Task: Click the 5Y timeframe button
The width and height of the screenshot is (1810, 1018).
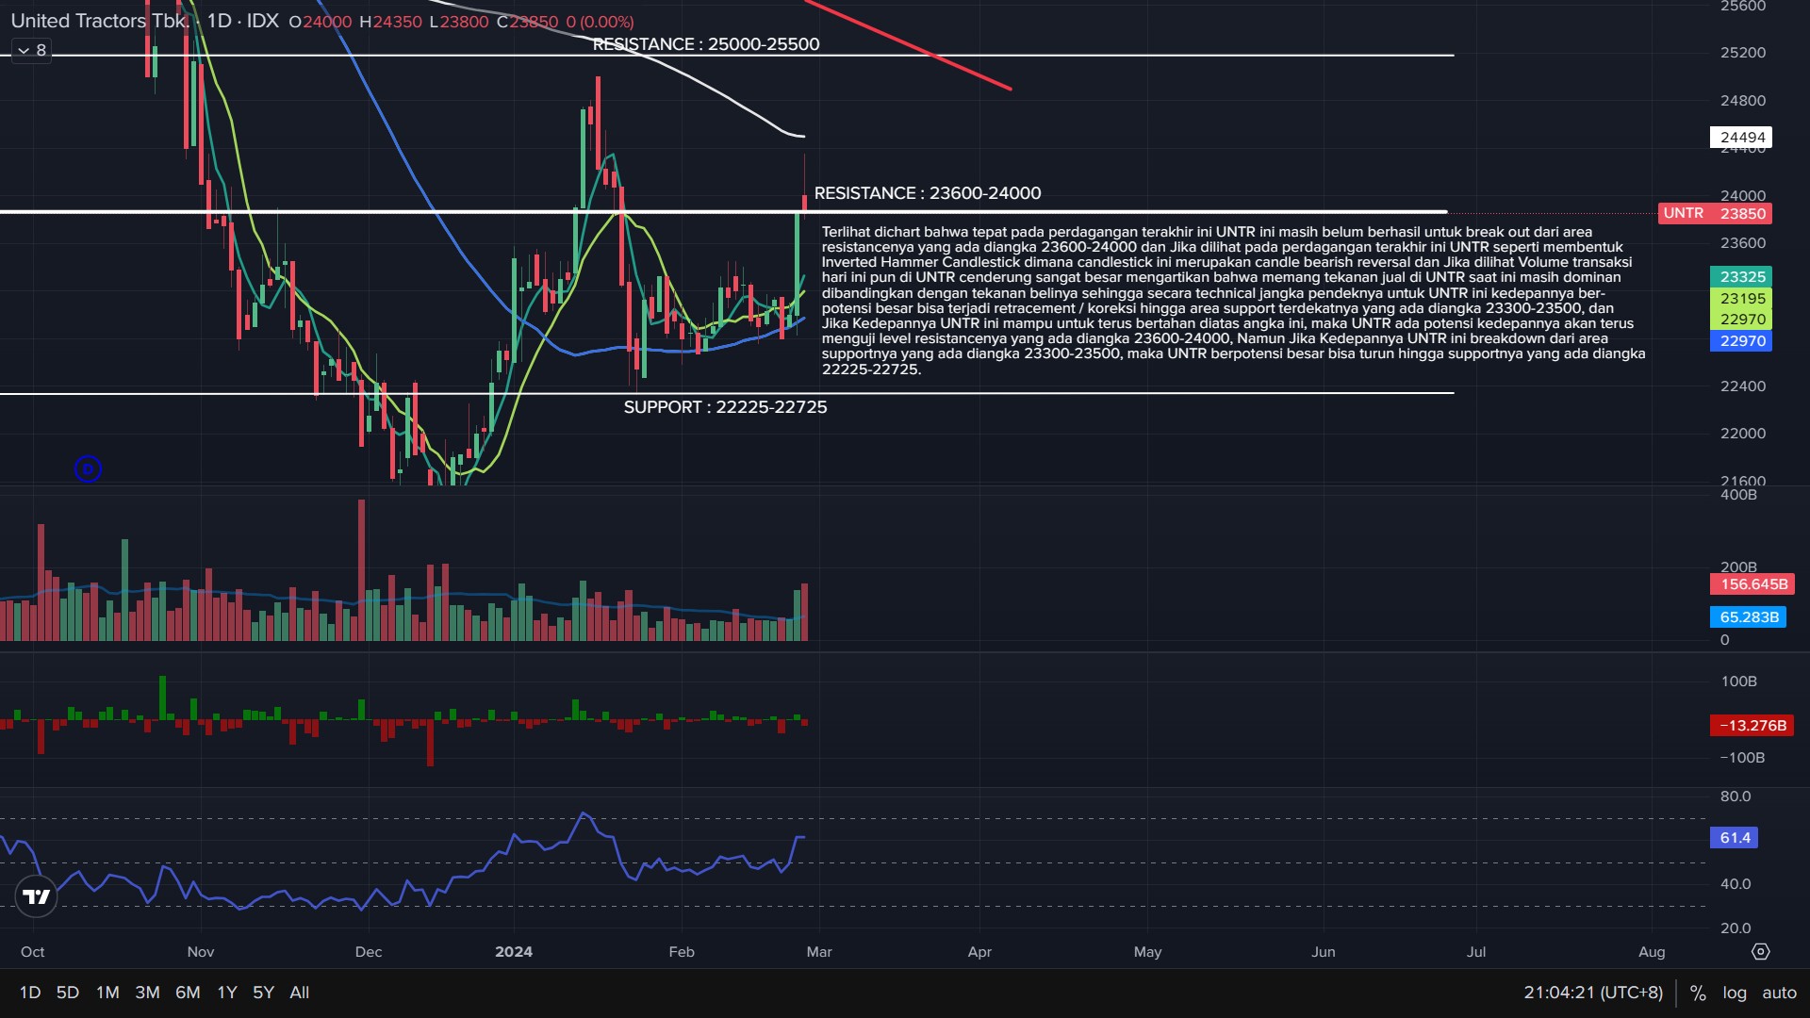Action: tap(263, 993)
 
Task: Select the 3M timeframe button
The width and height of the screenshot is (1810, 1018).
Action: tap(147, 993)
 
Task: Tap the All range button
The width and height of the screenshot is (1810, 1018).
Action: tap(299, 993)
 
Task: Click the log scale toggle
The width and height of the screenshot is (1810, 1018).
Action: tap(1734, 993)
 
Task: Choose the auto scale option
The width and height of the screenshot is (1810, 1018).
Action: tap(1779, 993)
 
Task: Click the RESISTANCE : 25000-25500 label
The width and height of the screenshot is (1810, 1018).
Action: tap(706, 44)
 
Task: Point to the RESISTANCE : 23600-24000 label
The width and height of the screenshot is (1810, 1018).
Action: tap(928, 193)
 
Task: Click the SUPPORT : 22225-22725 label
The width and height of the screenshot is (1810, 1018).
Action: tap(725, 407)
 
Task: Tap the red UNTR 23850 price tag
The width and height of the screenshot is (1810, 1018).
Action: tap(1715, 213)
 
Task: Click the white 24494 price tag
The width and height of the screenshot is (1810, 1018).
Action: tap(1741, 138)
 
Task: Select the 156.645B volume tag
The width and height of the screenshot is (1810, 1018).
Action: tap(1752, 584)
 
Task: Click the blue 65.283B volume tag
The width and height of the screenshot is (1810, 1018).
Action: tap(1749, 617)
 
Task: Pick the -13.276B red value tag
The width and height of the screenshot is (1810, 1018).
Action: tap(1752, 726)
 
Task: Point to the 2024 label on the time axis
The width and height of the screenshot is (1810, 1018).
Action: tap(513, 952)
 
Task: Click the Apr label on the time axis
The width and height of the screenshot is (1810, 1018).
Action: tap(979, 952)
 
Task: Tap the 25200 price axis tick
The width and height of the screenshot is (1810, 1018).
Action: tap(1742, 53)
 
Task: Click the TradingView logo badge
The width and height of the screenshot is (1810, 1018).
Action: tap(37, 896)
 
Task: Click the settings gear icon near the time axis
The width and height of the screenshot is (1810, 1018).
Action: tap(1760, 952)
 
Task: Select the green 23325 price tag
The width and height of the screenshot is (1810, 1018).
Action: tap(1741, 277)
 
